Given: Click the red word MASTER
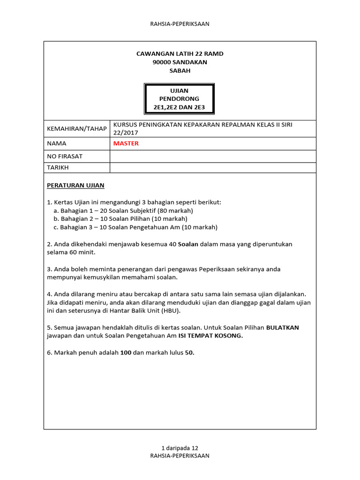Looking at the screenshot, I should click(x=126, y=143).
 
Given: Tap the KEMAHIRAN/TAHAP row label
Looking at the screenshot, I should click(x=76, y=128).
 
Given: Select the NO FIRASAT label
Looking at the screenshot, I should click(x=65, y=156).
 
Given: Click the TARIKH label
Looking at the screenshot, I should click(x=58, y=167).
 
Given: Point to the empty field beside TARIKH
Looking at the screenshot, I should click(x=213, y=167).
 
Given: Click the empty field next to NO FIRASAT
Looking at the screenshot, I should click(x=213, y=156).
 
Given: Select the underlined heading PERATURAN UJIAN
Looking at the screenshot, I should click(x=75, y=185).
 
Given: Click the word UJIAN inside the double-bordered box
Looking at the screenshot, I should click(x=180, y=90).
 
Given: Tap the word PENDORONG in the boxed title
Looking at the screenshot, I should click(x=180, y=99).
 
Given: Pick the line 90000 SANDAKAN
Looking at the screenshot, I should click(x=180, y=62).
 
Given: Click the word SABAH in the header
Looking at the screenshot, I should click(x=180, y=71).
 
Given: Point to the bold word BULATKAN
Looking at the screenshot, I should click(x=283, y=328).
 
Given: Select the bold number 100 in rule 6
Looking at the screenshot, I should click(x=125, y=353).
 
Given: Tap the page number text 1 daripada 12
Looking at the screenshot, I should click(x=180, y=448).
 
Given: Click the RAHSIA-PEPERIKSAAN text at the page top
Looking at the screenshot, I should click(x=180, y=24).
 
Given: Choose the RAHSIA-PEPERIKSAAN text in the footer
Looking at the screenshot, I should click(x=180, y=455).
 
